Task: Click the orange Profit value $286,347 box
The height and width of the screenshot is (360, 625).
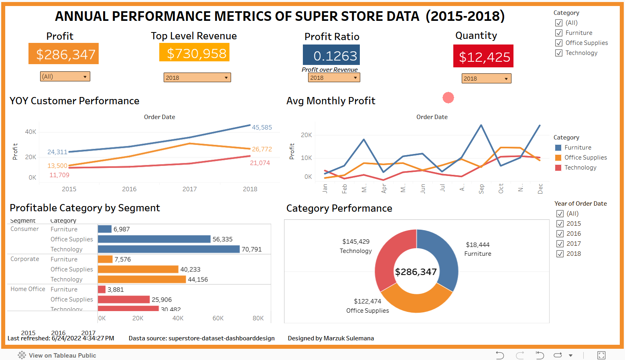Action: click(63, 54)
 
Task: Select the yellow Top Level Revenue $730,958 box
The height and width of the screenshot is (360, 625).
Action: click(194, 53)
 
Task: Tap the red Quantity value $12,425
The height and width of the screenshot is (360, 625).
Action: click(483, 57)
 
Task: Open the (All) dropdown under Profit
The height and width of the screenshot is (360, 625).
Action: click(65, 77)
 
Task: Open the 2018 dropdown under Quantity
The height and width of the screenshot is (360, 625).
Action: click(486, 79)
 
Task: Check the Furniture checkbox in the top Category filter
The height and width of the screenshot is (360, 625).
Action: click(559, 33)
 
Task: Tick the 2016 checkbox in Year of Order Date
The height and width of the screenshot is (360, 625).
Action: click(560, 234)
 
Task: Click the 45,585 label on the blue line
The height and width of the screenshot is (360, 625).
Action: click(262, 127)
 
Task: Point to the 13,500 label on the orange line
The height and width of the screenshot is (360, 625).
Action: click(57, 166)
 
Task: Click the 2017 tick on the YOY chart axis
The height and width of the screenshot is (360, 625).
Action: click(189, 189)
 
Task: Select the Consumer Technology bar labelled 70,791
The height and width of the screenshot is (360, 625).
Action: click(168, 249)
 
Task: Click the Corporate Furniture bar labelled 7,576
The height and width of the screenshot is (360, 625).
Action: click(105, 259)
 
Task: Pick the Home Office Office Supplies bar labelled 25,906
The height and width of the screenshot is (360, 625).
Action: click(124, 299)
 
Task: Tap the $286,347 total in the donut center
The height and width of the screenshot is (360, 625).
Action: click(416, 272)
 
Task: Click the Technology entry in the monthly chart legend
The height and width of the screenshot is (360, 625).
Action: click(580, 168)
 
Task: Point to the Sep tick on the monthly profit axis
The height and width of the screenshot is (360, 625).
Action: click(481, 188)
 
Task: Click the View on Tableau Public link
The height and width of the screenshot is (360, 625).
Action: click(62, 355)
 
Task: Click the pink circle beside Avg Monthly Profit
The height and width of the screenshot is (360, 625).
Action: click(448, 97)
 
